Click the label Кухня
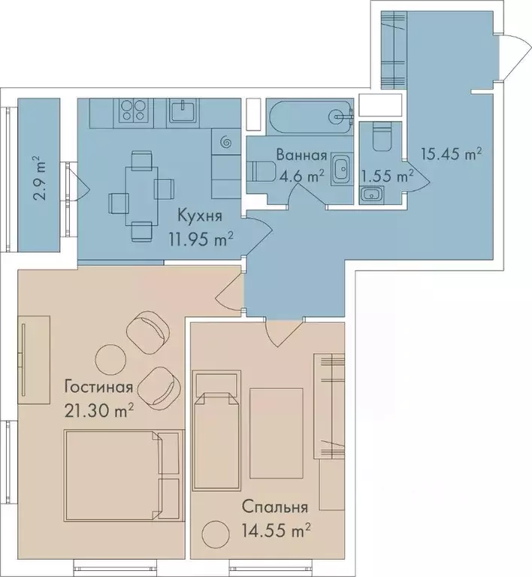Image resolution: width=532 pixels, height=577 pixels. point(199,216)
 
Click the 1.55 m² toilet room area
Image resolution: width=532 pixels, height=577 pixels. point(388,177)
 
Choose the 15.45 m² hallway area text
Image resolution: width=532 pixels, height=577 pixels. point(451,154)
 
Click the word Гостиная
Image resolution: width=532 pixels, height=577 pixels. point(98,388)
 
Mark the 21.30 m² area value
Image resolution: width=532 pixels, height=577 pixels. point(99,410)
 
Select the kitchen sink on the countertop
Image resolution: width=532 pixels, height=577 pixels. point(183,111)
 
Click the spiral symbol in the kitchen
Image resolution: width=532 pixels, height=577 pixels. point(225,140)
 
